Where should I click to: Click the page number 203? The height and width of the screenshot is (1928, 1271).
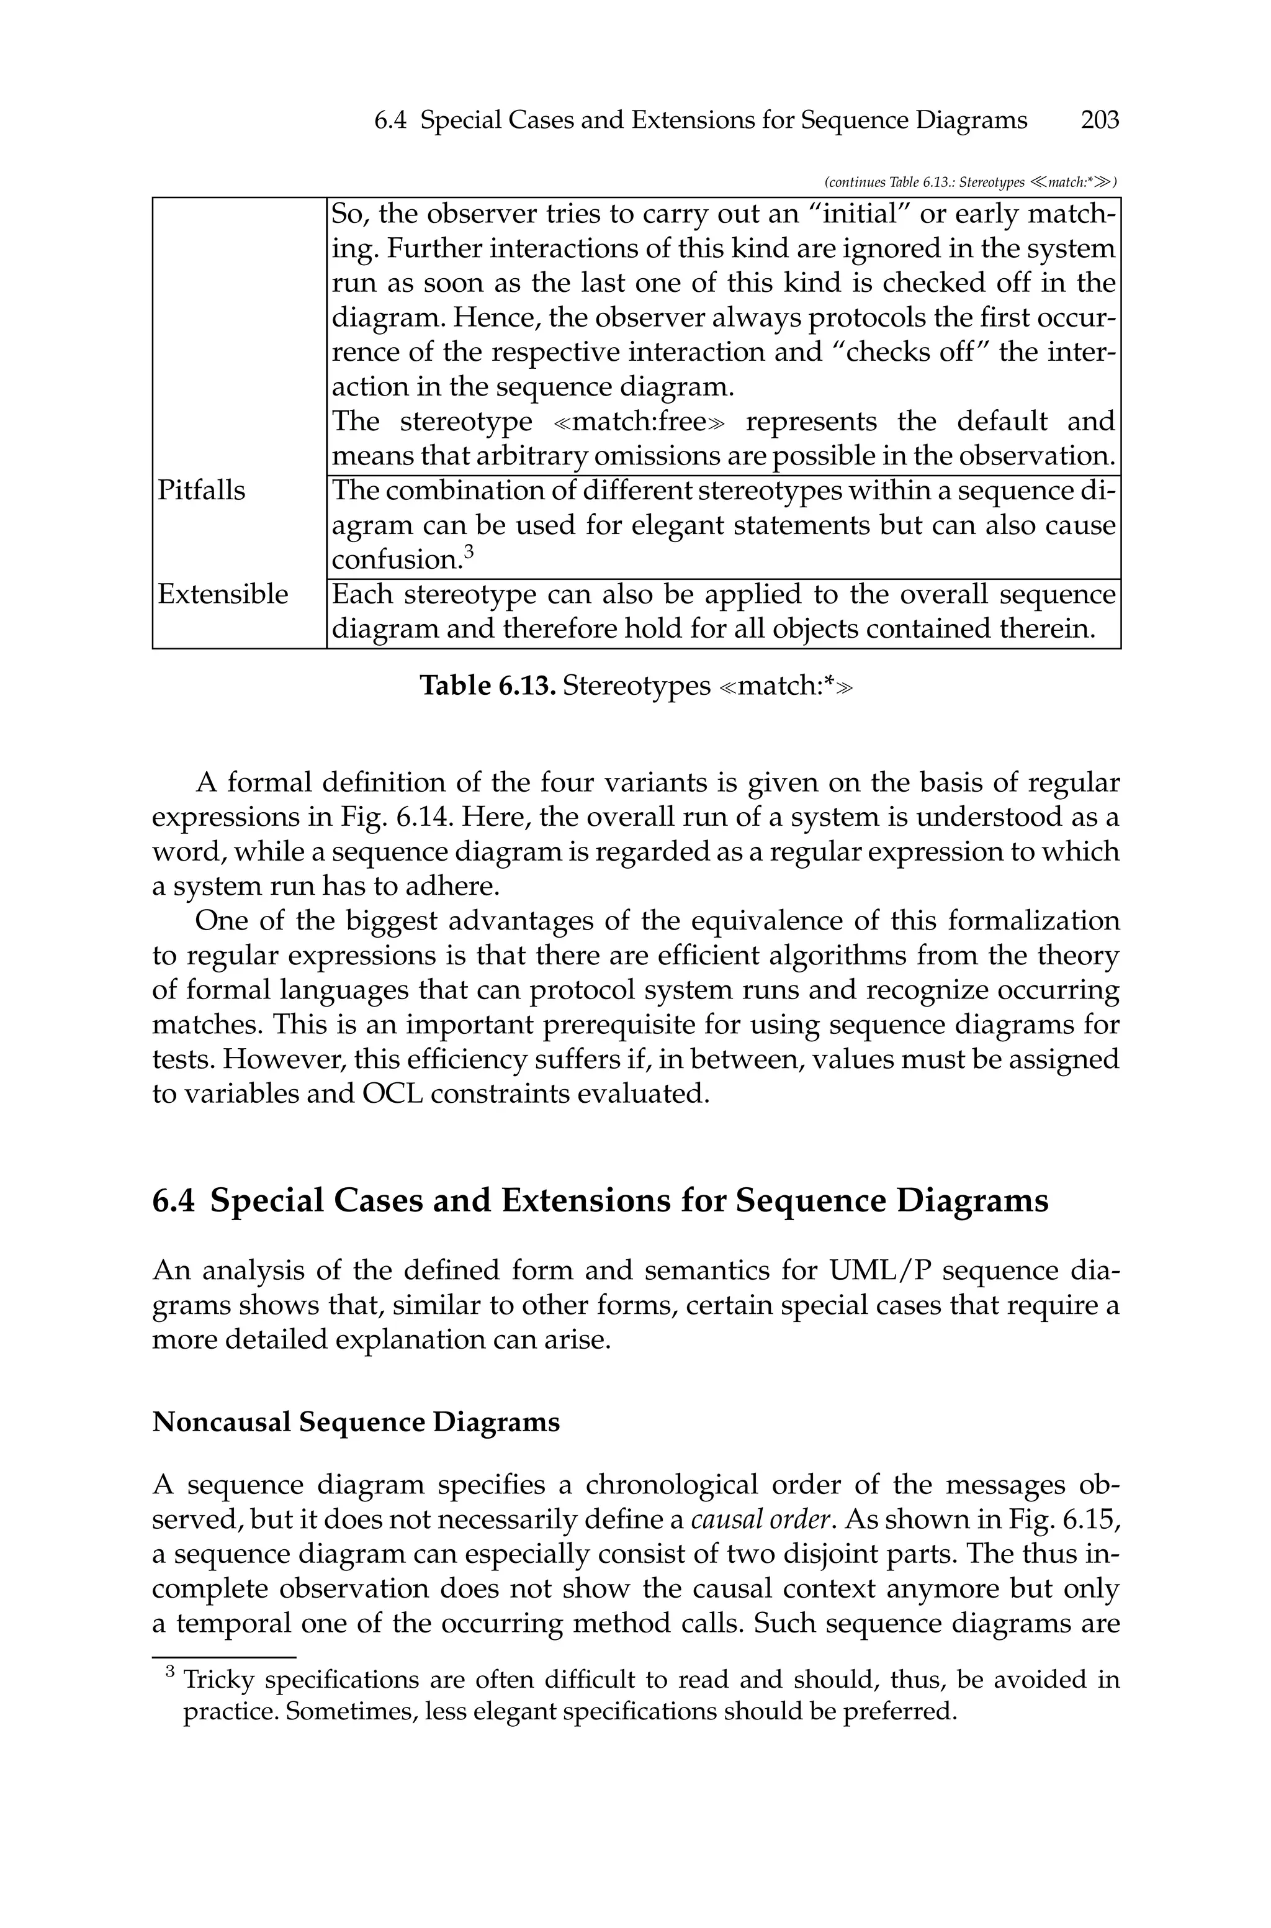click(x=1099, y=121)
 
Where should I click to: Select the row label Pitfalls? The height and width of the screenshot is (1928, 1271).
click(x=201, y=491)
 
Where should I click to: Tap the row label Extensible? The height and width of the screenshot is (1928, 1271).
click(x=222, y=594)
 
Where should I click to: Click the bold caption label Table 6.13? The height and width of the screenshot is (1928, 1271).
click(x=487, y=686)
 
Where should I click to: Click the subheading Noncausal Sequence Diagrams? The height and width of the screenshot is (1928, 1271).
click(x=356, y=1421)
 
